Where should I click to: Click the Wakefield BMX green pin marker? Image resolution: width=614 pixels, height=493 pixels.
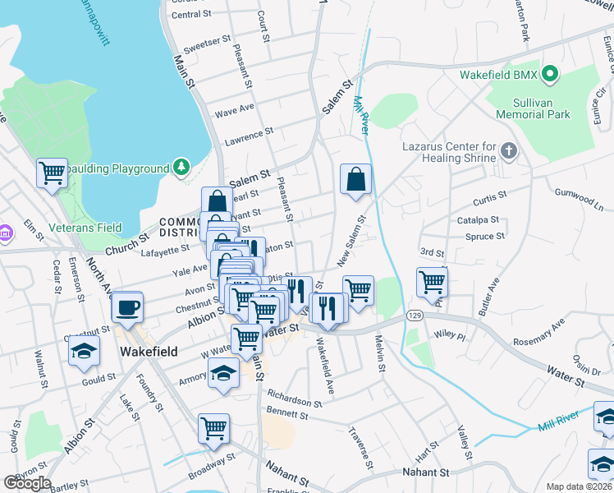(551, 76)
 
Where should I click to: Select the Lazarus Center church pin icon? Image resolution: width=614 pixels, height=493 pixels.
(509, 151)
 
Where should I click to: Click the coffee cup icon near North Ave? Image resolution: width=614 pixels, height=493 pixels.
(127, 307)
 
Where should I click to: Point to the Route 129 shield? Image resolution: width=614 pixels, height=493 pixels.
(415, 316)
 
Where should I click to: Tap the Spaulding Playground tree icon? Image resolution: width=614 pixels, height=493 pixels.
(181, 168)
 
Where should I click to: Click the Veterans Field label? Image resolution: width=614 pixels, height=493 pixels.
(84, 228)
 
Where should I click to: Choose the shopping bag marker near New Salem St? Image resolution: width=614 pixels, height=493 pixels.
(355, 179)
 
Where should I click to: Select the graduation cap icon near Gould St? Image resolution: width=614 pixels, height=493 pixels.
(83, 352)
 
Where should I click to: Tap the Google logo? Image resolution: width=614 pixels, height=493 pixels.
(27, 483)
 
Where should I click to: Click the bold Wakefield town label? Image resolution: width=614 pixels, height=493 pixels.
(149, 351)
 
